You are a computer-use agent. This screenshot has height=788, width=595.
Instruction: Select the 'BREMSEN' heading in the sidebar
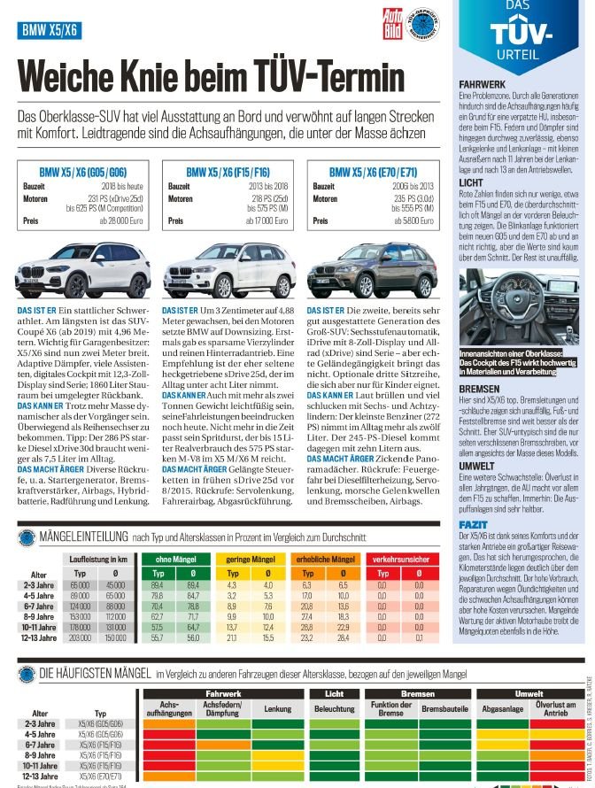[x=478, y=389]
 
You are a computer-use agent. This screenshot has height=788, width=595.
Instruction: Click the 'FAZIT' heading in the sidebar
[x=472, y=525]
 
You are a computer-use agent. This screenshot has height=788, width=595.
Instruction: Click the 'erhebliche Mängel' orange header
[x=327, y=560]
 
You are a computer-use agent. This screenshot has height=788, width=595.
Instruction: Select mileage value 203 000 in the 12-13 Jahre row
[x=81, y=637]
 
